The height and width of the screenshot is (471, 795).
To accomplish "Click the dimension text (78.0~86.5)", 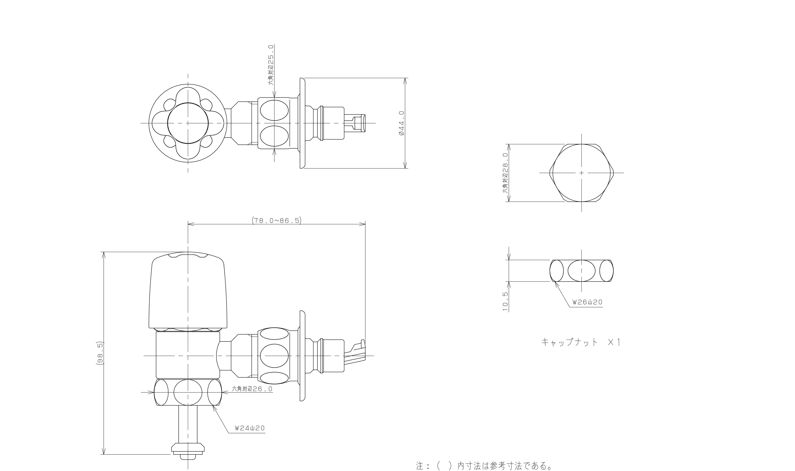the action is click(276, 220).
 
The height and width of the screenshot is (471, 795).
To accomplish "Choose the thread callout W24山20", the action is click(250, 428).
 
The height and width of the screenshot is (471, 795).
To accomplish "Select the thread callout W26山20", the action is click(587, 302).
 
